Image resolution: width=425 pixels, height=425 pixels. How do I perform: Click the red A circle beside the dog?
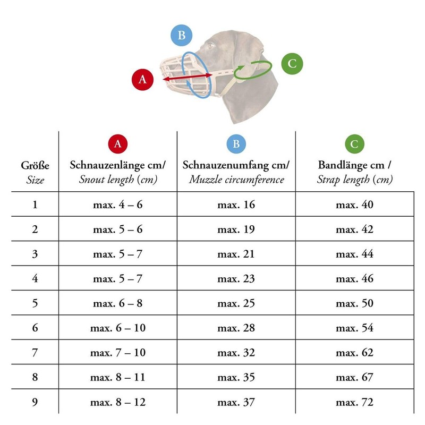[x=142, y=80]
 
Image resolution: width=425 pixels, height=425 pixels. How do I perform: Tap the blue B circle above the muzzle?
[x=181, y=35]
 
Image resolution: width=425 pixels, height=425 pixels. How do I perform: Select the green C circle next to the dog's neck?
[x=292, y=64]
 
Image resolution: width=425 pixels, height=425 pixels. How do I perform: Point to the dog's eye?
[x=210, y=46]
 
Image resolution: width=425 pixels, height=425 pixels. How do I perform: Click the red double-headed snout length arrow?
[x=188, y=77]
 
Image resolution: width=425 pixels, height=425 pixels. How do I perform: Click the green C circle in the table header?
[x=354, y=144]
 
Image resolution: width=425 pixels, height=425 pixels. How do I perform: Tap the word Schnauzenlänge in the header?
[x=107, y=165]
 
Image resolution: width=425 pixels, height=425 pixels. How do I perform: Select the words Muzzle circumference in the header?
[x=236, y=180]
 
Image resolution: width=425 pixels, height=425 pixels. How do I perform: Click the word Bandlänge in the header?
[x=351, y=165]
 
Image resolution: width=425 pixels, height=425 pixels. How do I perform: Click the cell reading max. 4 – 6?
[x=117, y=205]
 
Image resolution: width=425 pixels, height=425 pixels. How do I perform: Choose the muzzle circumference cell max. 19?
[x=236, y=229]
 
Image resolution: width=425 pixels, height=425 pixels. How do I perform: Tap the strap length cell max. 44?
[x=354, y=254]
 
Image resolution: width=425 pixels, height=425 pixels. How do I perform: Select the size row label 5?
[x=35, y=303]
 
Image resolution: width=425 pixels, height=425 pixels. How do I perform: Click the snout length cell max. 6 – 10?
[x=118, y=328]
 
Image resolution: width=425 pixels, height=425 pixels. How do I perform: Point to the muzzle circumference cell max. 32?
[x=236, y=353]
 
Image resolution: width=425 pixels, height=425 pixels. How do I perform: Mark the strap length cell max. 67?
[x=354, y=377]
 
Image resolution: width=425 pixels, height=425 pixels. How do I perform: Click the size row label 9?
[x=35, y=402]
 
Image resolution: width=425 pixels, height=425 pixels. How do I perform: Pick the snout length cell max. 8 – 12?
[x=118, y=402]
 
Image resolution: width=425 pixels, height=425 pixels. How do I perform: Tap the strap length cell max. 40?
[x=354, y=205]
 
